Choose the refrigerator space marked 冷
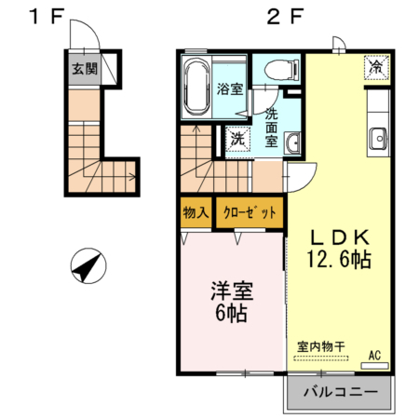pyautogui.click(x=376, y=67)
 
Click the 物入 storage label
pyautogui.click(x=196, y=212)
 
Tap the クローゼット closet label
pyautogui.click(x=250, y=212)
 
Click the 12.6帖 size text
pyautogui.click(x=337, y=260)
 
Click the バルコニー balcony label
pyautogui.click(x=339, y=393)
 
